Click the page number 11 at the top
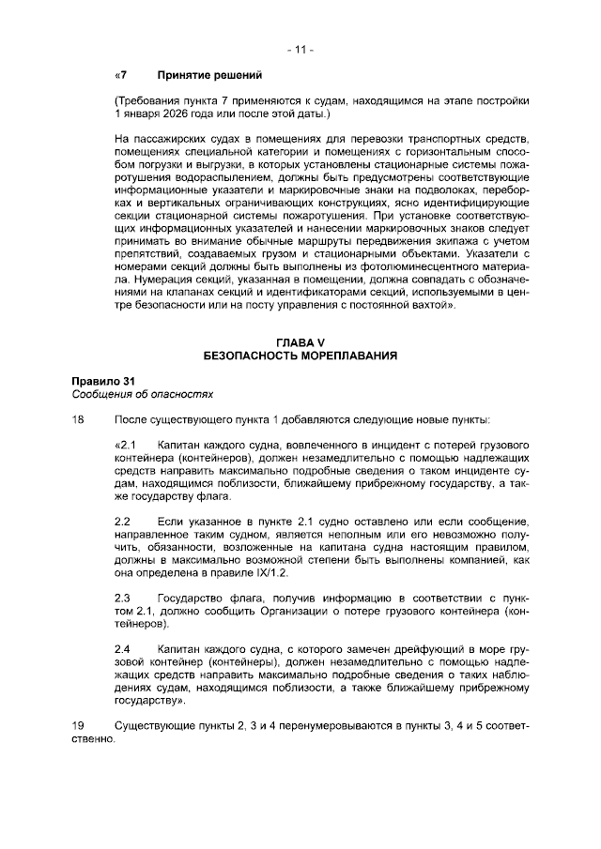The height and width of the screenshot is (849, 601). tap(300, 47)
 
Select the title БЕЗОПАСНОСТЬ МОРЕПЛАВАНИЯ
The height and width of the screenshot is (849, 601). tap(300, 356)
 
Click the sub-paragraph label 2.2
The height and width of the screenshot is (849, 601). tap(121, 520)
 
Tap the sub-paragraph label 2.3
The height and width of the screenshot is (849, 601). tap(121, 597)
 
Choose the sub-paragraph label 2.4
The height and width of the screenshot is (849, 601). tap(121, 648)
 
